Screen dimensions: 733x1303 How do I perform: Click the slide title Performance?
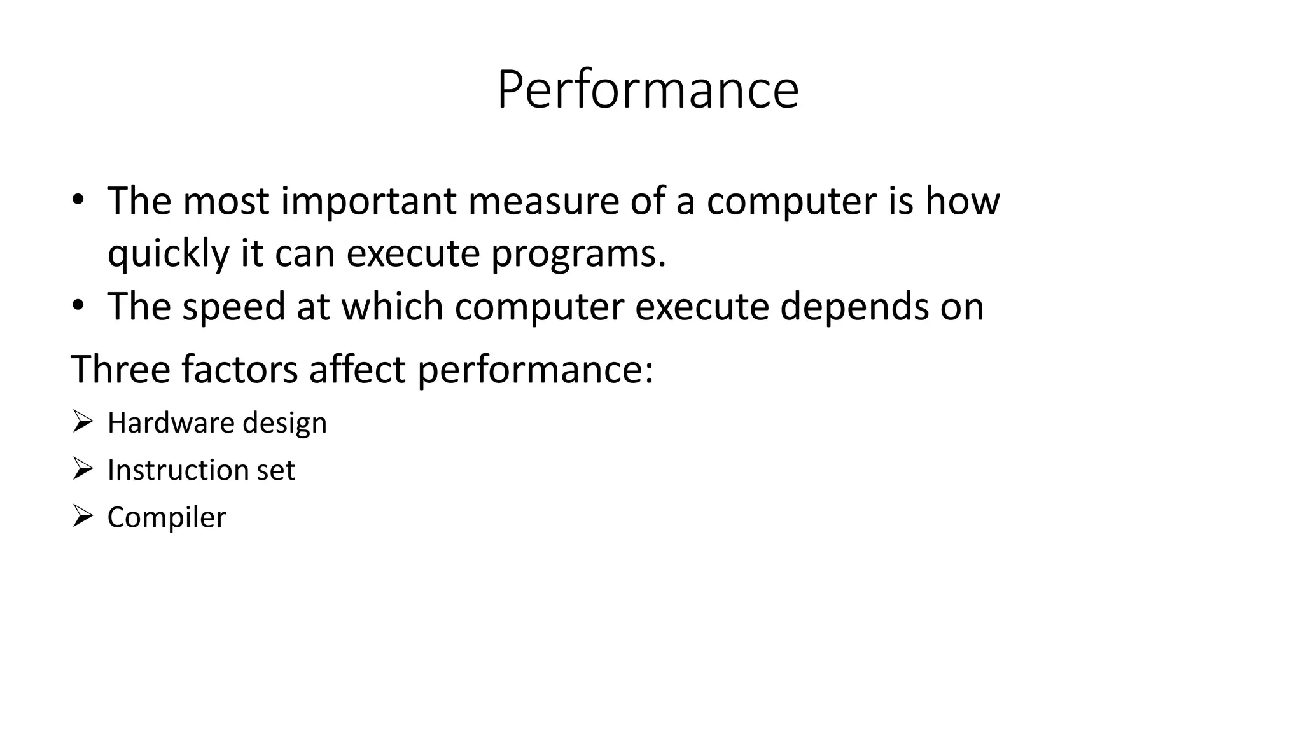647,90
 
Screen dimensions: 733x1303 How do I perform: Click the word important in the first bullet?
370,201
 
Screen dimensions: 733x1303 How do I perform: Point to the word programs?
578,254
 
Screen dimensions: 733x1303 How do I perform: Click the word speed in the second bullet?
233,307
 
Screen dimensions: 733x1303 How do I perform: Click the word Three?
120,369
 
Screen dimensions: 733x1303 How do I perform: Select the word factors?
239,369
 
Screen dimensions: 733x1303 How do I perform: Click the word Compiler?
167,517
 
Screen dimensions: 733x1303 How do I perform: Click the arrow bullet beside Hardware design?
82,421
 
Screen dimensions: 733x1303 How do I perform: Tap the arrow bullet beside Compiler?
82,515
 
